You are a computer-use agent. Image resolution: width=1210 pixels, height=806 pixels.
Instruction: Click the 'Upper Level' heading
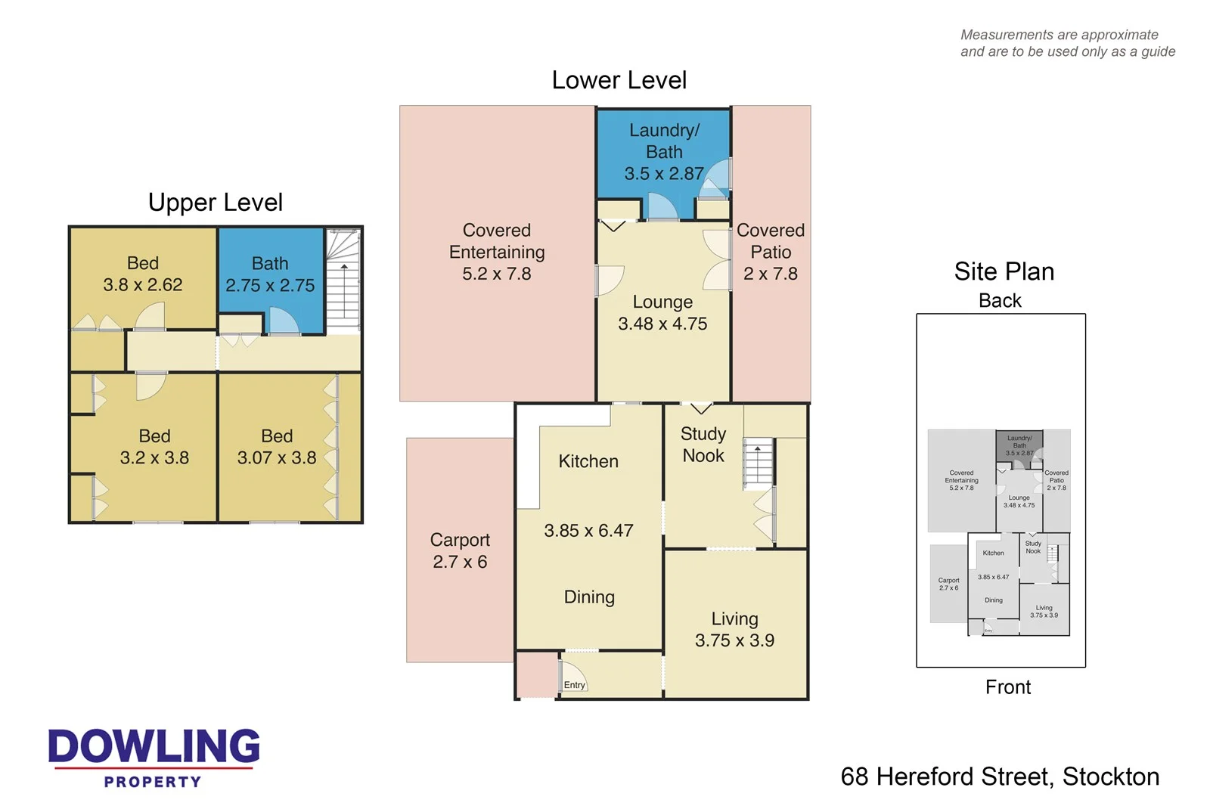[x=216, y=203]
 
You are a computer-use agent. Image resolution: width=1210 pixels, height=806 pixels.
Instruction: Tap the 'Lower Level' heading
[x=619, y=80]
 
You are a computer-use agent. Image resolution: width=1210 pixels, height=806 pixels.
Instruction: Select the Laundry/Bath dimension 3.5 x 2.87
[x=663, y=174]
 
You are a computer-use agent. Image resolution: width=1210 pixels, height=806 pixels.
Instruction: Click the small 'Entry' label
[x=575, y=685]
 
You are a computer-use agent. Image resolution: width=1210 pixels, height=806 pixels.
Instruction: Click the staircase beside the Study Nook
[x=759, y=463]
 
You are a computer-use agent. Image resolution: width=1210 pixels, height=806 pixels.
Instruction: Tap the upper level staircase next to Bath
[x=343, y=281]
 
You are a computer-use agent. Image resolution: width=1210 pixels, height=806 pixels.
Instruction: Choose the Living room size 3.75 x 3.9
[x=734, y=640]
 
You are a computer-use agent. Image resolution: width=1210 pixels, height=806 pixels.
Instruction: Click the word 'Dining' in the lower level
[x=589, y=597]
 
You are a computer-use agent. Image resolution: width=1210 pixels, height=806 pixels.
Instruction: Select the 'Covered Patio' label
[x=771, y=240]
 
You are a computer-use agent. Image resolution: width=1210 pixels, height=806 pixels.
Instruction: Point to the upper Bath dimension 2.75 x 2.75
[x=270, y=286]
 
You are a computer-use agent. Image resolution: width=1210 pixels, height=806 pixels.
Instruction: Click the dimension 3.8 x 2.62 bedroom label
[x=143, y=285]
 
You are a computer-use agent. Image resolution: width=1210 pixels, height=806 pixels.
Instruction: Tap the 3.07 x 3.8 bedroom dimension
[x=277, y=458]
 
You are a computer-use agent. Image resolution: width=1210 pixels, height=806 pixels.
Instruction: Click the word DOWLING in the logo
[x=154, y=746]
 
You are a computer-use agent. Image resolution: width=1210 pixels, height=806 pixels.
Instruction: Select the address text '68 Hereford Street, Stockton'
[x=1000, y=777]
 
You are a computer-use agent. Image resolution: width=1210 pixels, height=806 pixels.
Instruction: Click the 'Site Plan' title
[x=1004, y=271]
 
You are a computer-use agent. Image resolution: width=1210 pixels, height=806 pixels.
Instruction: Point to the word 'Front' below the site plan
[x=1007, y=687]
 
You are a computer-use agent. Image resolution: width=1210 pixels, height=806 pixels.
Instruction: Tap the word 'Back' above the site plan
[x=1000, y=301]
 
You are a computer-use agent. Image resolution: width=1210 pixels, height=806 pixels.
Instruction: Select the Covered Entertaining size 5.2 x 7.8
[x=497, y=274]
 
